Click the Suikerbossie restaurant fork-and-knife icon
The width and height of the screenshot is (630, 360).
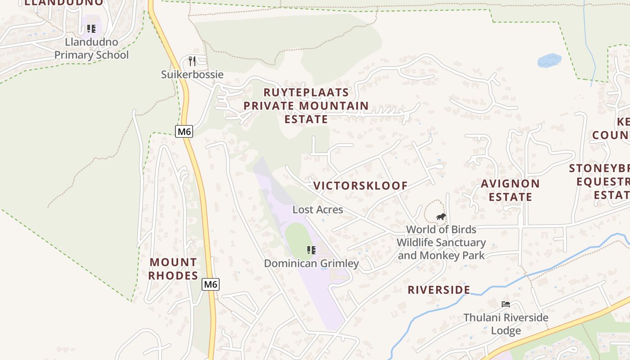click(192, 61)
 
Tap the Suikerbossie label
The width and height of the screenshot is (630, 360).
click(192, 74)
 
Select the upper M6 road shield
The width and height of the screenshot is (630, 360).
click(184, 131)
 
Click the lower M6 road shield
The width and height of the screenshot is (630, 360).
click(210, 284)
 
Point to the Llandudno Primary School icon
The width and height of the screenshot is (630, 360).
click(91, 29)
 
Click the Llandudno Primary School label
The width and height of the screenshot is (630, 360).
click(91, 49)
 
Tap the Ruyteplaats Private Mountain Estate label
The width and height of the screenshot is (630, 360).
click(306, 106)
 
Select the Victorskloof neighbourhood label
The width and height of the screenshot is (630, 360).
click(360, 185)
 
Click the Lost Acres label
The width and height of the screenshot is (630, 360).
click(318, 210)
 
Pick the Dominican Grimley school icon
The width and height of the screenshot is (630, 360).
click(311, 250)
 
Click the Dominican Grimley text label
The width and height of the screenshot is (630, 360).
click(311, 263)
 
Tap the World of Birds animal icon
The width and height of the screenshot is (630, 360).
click(441, 217)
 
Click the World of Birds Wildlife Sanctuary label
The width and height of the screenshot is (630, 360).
click(441, 243)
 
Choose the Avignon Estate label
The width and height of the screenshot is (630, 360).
click(510, 190)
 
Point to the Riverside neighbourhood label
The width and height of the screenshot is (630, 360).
click(439, 290)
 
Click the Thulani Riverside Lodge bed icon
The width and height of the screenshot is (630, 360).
click(506, 305)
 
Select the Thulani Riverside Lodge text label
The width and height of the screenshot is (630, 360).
click(506, 324)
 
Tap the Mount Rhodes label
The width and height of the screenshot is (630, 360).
click(173, 269)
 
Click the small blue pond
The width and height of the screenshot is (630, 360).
click(549, 60)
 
